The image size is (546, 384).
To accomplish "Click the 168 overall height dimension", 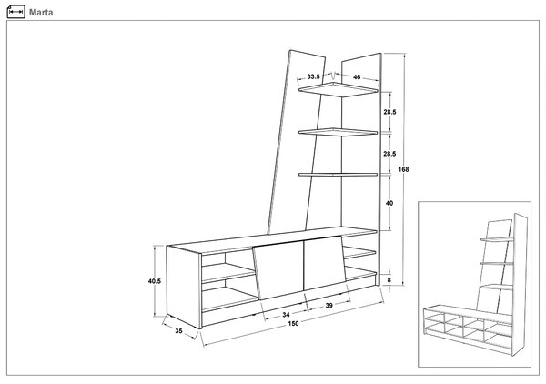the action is (403, 169).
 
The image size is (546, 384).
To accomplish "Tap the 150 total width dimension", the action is (293, 323).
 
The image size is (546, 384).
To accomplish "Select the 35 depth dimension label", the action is (178, 330).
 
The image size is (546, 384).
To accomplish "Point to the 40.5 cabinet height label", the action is (155, 281).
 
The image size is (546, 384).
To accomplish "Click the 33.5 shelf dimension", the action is (313, 76).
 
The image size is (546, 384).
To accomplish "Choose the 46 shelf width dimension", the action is (357, 77).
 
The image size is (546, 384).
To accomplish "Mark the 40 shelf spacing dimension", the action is (389, 203).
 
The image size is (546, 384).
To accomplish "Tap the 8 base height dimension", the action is (389, 279).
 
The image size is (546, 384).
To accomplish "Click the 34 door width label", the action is (286, 314).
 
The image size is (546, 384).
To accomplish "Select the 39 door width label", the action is (329, 306).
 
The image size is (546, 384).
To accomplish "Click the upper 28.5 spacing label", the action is (389, 112).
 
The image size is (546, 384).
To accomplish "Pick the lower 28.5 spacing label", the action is (389, 154).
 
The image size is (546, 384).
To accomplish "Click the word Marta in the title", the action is (41, 13).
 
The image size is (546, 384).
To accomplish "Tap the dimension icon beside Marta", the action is (16, 12).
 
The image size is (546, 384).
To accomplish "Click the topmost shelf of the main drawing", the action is (339, 89).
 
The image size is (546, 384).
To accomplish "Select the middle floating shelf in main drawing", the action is (338, 132).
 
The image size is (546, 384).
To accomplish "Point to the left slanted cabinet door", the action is (278, 270).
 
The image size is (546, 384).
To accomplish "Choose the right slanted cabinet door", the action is (326, 263).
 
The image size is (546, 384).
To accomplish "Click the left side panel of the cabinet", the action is (184, 287).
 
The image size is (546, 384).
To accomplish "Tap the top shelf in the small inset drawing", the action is (497, 239).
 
